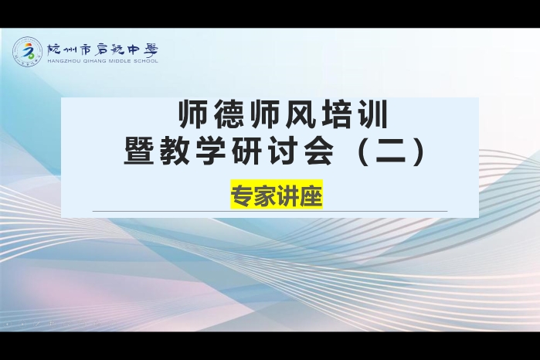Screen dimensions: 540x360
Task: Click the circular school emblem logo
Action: [x=28, y=52]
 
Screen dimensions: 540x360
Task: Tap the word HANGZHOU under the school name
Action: [x=60, y=61]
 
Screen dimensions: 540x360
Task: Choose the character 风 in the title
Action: [x=301, y=114]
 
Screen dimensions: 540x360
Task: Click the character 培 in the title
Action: [x=337, y=114]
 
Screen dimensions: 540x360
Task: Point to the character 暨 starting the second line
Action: [x=139, y=151]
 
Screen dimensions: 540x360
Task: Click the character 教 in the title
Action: [x=175, y=151]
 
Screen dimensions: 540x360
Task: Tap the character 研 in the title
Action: [x=247, y=151]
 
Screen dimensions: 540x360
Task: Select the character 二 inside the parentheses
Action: [x=391, y=151]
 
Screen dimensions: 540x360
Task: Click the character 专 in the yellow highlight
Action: [x=243, y=195]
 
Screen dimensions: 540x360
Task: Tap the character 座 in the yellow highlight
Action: [x=311, y=195]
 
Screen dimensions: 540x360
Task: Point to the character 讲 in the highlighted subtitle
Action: [x=288, y=195]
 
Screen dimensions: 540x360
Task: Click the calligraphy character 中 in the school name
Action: [x=131, y=50]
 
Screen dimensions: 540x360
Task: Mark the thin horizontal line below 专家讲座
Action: [x=270, y=211]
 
